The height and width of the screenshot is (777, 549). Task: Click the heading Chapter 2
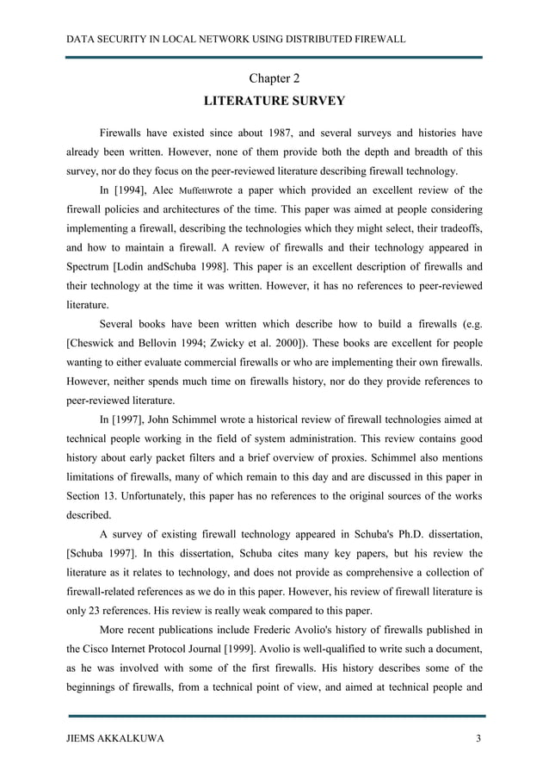click(x=274, y=79)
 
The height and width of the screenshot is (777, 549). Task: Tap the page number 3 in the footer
click(x=478, y=739)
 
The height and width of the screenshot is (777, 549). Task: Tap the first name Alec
click(x=163, y=190)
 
